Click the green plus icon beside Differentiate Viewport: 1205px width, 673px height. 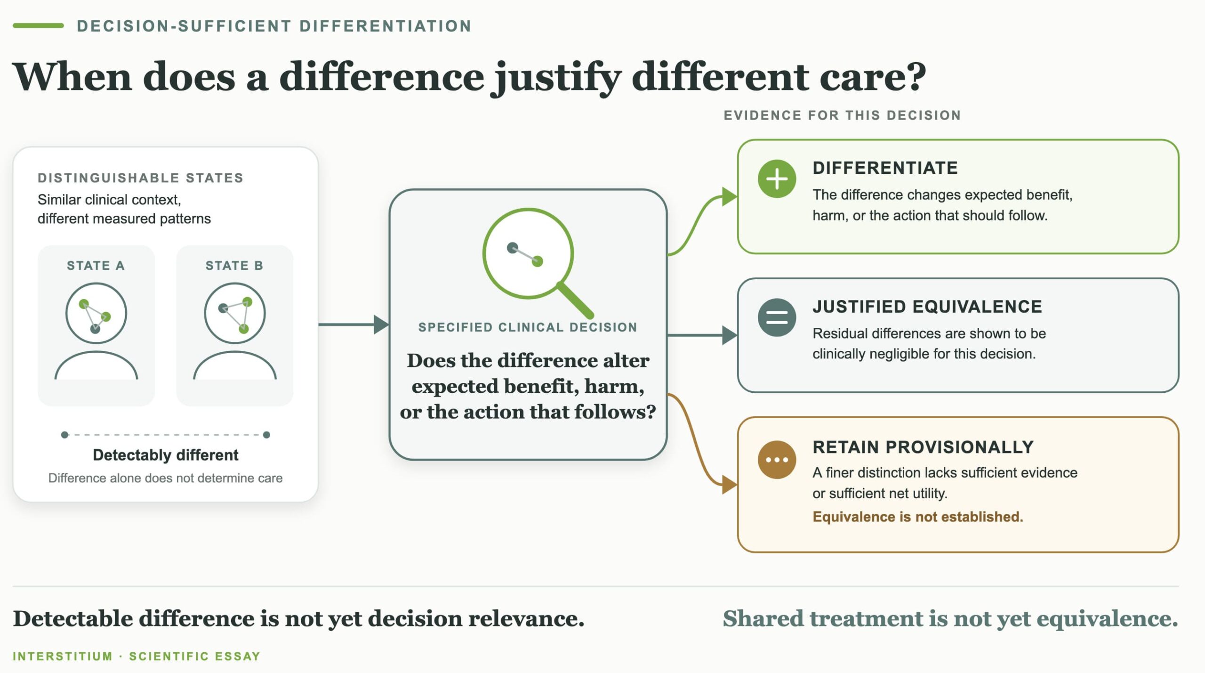click(777, 179)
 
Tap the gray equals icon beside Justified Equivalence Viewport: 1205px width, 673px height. click(777, 317)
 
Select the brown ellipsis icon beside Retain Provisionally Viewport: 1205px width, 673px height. click(777, 460)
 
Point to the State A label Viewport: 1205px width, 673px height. click(96, 266)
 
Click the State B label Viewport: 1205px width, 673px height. click(234, 266)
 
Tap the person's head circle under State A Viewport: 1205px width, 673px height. click(96, 284)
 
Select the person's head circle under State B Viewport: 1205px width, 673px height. click(235, 284)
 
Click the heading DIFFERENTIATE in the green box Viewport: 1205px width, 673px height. click(885, 168)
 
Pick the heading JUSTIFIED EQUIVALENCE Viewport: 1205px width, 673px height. click(927, 307)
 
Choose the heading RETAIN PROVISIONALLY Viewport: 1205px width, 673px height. click(923, 447)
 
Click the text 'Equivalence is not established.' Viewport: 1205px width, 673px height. click(918, 517)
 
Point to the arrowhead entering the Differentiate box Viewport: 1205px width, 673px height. click(730, 196)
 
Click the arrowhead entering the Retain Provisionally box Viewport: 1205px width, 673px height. click(730, 485)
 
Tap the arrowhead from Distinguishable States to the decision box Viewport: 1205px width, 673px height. click(381, 324)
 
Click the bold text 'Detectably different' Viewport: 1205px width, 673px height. click(166, 455)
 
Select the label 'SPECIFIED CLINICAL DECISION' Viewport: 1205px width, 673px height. click(528, 327)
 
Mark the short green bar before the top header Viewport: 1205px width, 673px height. click(38, 25)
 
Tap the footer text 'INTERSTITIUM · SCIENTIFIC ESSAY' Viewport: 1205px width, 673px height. click(137, 657)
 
